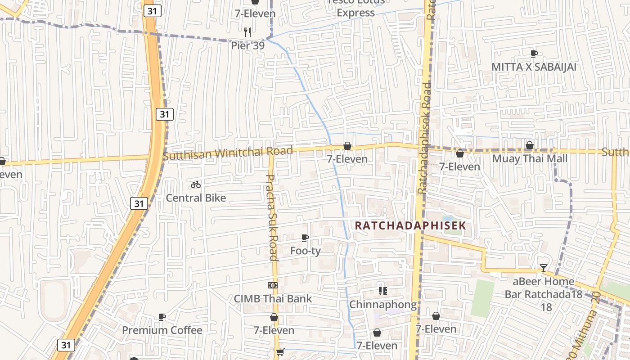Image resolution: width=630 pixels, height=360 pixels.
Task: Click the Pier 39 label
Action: tap(247, 45)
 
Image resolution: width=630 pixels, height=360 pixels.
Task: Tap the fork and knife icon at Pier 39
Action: tap(247, 32)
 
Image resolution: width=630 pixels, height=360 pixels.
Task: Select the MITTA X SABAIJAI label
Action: tap(534, 67)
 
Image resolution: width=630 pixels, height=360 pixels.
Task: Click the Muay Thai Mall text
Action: tap(530, 158)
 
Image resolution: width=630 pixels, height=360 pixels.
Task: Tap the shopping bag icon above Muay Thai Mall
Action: tap(530, 145)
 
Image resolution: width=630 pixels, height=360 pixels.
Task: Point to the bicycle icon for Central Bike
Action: tap(195, 184)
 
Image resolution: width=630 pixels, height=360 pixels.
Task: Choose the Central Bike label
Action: tap(196, 198)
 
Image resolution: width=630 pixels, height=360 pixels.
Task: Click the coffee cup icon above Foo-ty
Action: tap(305, 238)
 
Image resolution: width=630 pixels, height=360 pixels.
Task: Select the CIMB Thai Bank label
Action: tap(273, 298)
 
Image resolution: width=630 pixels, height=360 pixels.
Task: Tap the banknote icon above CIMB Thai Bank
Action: tap(273, 285)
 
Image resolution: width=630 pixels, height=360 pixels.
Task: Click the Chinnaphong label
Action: tap(383, 304)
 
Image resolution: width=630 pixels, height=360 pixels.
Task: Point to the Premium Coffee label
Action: tap(162, 330)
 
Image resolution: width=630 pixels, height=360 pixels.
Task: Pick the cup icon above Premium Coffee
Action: tap(162, 317)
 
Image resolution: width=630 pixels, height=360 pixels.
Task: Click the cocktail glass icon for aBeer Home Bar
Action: tap(544, 268)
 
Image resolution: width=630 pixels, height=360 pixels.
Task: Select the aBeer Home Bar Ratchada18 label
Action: tap(544, 288)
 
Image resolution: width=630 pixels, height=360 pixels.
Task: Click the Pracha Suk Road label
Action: tap(272, 217)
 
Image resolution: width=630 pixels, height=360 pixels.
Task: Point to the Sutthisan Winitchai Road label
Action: tap(228, 153)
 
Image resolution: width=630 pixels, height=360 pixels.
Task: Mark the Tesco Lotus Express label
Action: tap(356, 7)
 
